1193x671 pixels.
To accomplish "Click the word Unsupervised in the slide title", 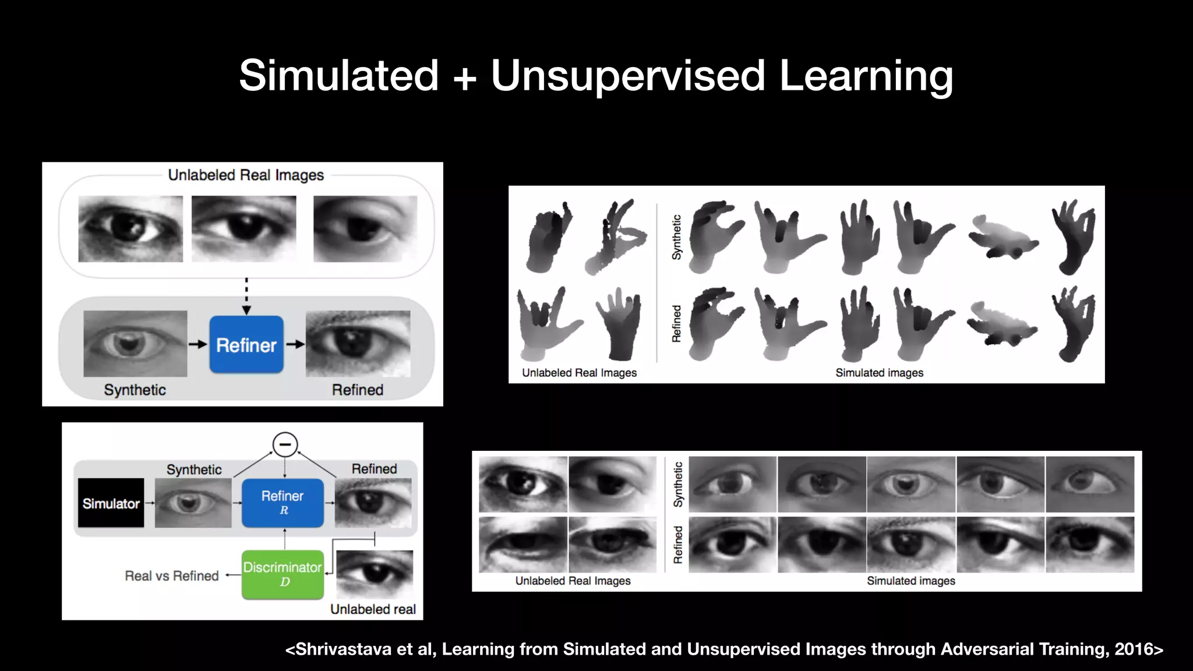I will (627, 76).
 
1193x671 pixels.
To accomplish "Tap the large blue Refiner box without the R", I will (246, 345).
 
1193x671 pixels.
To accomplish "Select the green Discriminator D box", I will (283, 574).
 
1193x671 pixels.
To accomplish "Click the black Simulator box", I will (111, 503).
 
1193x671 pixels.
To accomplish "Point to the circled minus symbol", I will (285, 444).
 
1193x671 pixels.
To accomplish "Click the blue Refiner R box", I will (283, 503).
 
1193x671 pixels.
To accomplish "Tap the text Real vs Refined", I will (172, 575).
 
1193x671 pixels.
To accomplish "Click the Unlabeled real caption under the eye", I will (373, 609).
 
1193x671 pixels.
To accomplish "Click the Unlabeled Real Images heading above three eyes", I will (246, 175).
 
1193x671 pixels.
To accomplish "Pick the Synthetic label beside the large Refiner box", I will (135, 390).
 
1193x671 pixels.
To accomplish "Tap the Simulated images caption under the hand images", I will (879, 373).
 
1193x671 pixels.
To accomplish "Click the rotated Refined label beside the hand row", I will (676, 324).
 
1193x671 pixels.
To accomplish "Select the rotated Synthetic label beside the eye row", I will (678, 485).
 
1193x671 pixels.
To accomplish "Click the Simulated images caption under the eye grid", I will (911, 581).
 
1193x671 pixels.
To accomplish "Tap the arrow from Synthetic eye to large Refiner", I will (198, 344).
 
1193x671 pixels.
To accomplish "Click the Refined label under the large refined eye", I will (358, 390).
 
